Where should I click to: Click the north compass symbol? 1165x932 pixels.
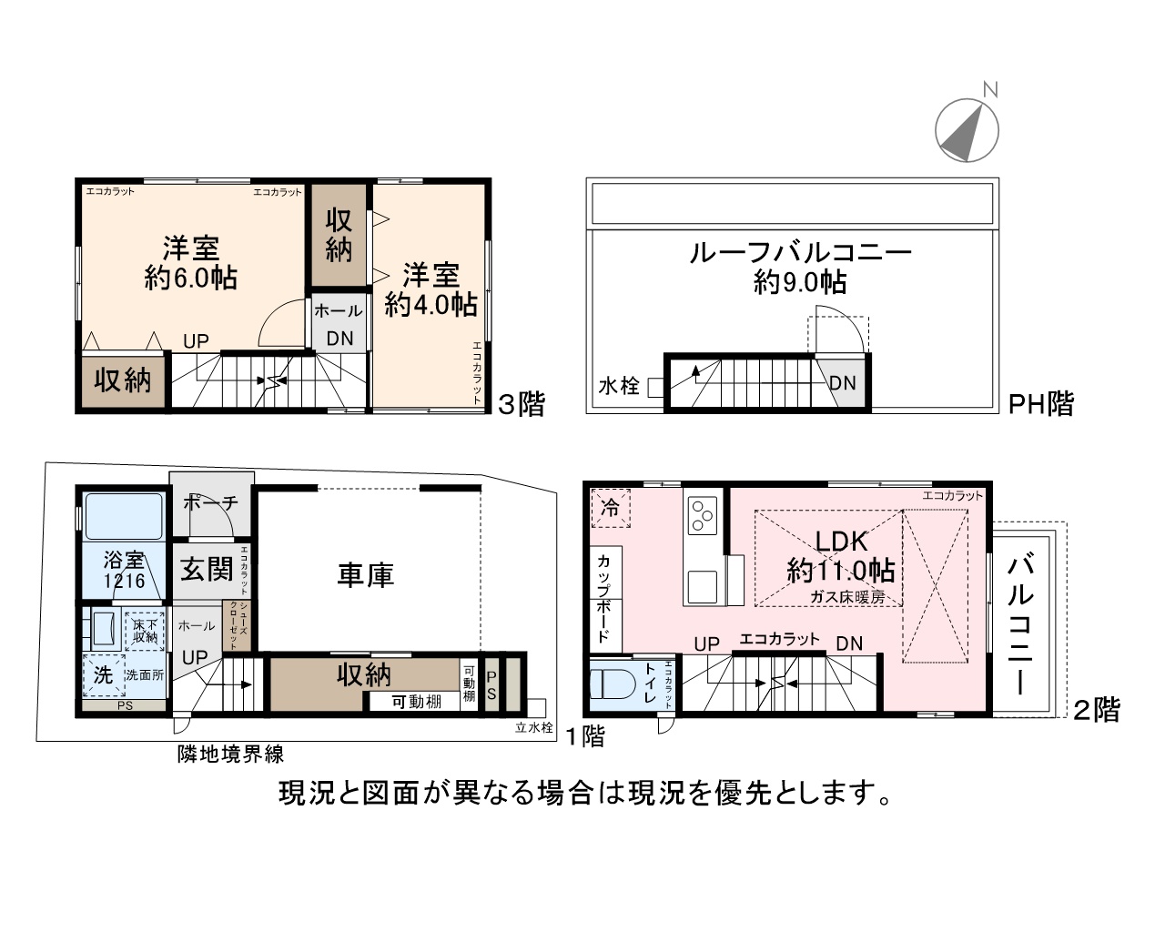point(967,129)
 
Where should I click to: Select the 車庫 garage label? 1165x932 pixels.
point(365,574)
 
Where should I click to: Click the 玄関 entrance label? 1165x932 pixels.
point(207,569)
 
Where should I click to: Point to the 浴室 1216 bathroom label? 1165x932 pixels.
point(125,570)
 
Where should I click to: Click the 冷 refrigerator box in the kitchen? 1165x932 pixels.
point(611,508)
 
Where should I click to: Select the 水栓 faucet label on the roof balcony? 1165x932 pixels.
point(619,386)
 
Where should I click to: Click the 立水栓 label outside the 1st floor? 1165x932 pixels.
point(533,727)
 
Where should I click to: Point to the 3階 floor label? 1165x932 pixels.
point(521,404)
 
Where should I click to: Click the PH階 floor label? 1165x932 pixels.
point(1041,403)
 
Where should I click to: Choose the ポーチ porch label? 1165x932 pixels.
point(210,502)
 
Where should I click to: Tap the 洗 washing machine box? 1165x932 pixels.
point(104,675)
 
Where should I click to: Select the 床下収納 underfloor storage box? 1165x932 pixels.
point(145,631)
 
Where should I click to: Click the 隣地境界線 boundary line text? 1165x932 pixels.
point(230,754)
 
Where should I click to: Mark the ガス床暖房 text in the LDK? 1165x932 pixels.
point(847,597)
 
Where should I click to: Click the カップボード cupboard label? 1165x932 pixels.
point(603,598)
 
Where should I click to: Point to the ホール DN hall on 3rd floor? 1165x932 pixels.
point(339,324)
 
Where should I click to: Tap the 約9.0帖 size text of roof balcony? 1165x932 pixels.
point(800,282)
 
